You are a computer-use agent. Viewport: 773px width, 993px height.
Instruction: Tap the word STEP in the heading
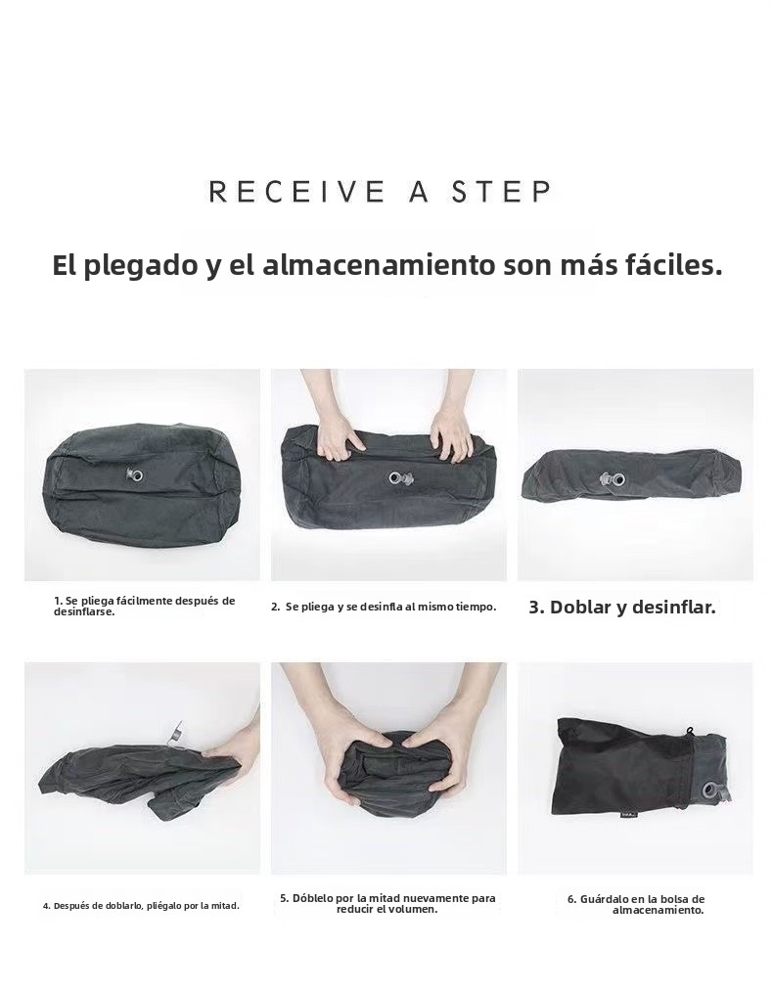click(x=501, y=191)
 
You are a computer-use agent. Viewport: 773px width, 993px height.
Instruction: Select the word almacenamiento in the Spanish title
click(x=379, y=265)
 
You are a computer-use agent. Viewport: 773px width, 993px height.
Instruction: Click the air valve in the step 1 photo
click(x=134, y=474)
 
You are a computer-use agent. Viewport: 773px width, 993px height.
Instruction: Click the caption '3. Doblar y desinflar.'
click(x=622, y=607)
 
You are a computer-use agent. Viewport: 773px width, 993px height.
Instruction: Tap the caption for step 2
click(x=384, y=607)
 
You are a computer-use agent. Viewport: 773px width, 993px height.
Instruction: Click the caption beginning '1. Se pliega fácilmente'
click(x=145, y=606)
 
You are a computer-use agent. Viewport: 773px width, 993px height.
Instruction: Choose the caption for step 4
click(x=141, y=906)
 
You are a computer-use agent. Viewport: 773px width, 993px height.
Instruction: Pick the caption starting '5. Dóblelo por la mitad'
click(x=387, y=904)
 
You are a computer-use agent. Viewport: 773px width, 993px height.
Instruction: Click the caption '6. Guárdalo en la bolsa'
click(x=635, y=904)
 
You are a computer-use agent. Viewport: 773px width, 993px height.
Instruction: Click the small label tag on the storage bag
click(x=623, y=825)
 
